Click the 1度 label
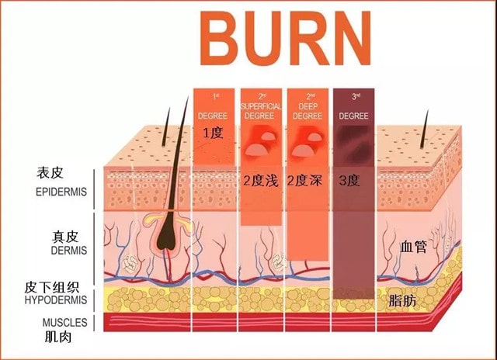point(213,133)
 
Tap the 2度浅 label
point(259,181)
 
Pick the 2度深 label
point(305,181)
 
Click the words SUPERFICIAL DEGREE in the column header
point(259,109)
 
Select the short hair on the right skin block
point(425,128)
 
